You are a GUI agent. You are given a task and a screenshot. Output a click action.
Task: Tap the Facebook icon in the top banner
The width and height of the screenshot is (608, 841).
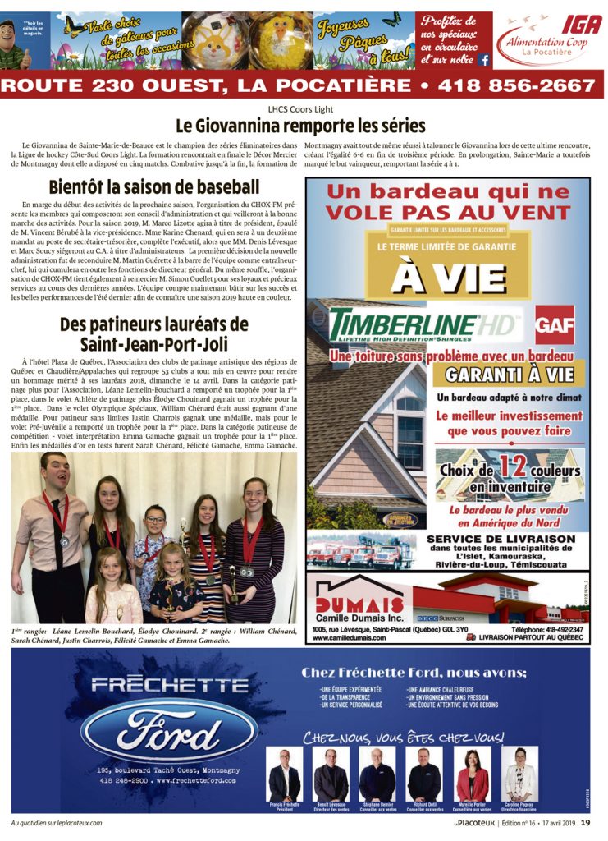[x=484, y=59]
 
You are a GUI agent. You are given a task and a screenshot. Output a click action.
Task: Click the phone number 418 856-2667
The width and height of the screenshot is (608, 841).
[x=516, y=85]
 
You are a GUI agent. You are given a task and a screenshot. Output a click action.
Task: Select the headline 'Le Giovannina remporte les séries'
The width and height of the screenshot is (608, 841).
[x=300, y=126]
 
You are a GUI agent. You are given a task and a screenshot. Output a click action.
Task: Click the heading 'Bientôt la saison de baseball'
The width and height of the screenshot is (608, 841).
[x=153, y=187]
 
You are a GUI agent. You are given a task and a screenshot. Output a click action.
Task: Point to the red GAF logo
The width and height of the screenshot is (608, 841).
[x=555, y=325]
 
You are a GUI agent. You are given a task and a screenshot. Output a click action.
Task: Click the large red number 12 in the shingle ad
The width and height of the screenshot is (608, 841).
[x=513, y=467]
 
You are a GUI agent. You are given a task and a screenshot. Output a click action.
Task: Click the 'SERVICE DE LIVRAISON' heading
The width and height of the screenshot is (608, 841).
[x=501, y=539]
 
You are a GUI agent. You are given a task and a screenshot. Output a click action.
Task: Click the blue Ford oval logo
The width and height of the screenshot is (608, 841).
[x=169, y=728]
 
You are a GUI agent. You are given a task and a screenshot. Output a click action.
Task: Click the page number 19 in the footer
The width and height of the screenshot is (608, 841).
[x=586, y=822]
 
